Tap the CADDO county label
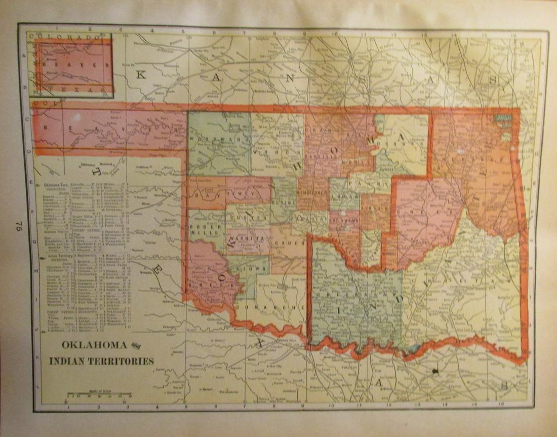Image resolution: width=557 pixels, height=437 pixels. [289, 244]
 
